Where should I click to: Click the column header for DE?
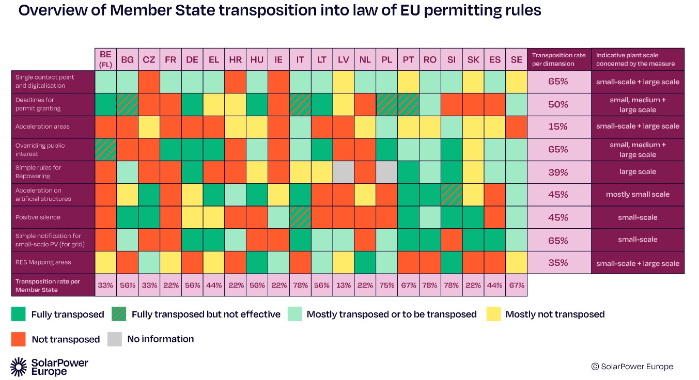[x=192, y=59]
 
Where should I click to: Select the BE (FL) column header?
[x=106, y=59]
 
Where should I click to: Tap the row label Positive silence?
[x=38, y=217]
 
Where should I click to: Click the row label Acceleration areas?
[x=42, y=126]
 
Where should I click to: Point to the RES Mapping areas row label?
[x=43, y=262]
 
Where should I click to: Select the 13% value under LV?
[x=344, y=285]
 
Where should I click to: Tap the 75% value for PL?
[x=387, y=285]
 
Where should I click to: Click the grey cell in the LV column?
[x=344, y=172]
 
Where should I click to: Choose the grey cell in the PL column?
[x=387, y=172]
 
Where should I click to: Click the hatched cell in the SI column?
[x=452, y=195]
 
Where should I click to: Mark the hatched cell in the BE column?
[x=106, y=150]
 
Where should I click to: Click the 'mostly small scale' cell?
[x=638, y=195]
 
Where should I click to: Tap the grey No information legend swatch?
[x=115, y=339]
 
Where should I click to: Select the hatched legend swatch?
[x=119, y=314]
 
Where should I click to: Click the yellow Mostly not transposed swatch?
[x=494, y=314]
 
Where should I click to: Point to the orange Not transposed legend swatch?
[x=19, y=339]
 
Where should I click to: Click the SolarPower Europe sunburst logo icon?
[x=19, y=367]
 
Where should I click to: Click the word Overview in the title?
[x=52, y=10]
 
